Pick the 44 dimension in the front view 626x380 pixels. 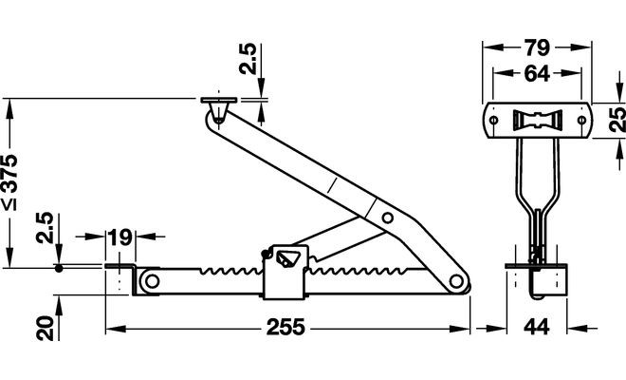coord(537,329)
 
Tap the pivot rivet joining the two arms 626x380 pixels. coord(387,218)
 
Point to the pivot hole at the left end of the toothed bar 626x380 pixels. coord(150,282)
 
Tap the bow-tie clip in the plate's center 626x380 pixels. coord(536,121)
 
